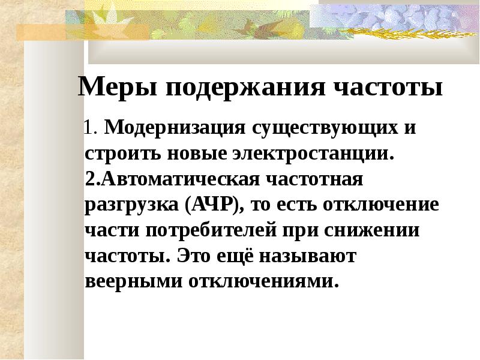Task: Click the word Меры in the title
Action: point(118,86)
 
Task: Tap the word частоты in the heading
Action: point(388,88)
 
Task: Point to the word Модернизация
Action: point(175,128)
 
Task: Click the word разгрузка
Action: point(131,206)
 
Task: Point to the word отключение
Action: point(381,205)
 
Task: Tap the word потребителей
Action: point(211,231)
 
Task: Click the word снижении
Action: point(371,231)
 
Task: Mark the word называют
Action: point(307,256)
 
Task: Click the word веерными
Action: point(133,282)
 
